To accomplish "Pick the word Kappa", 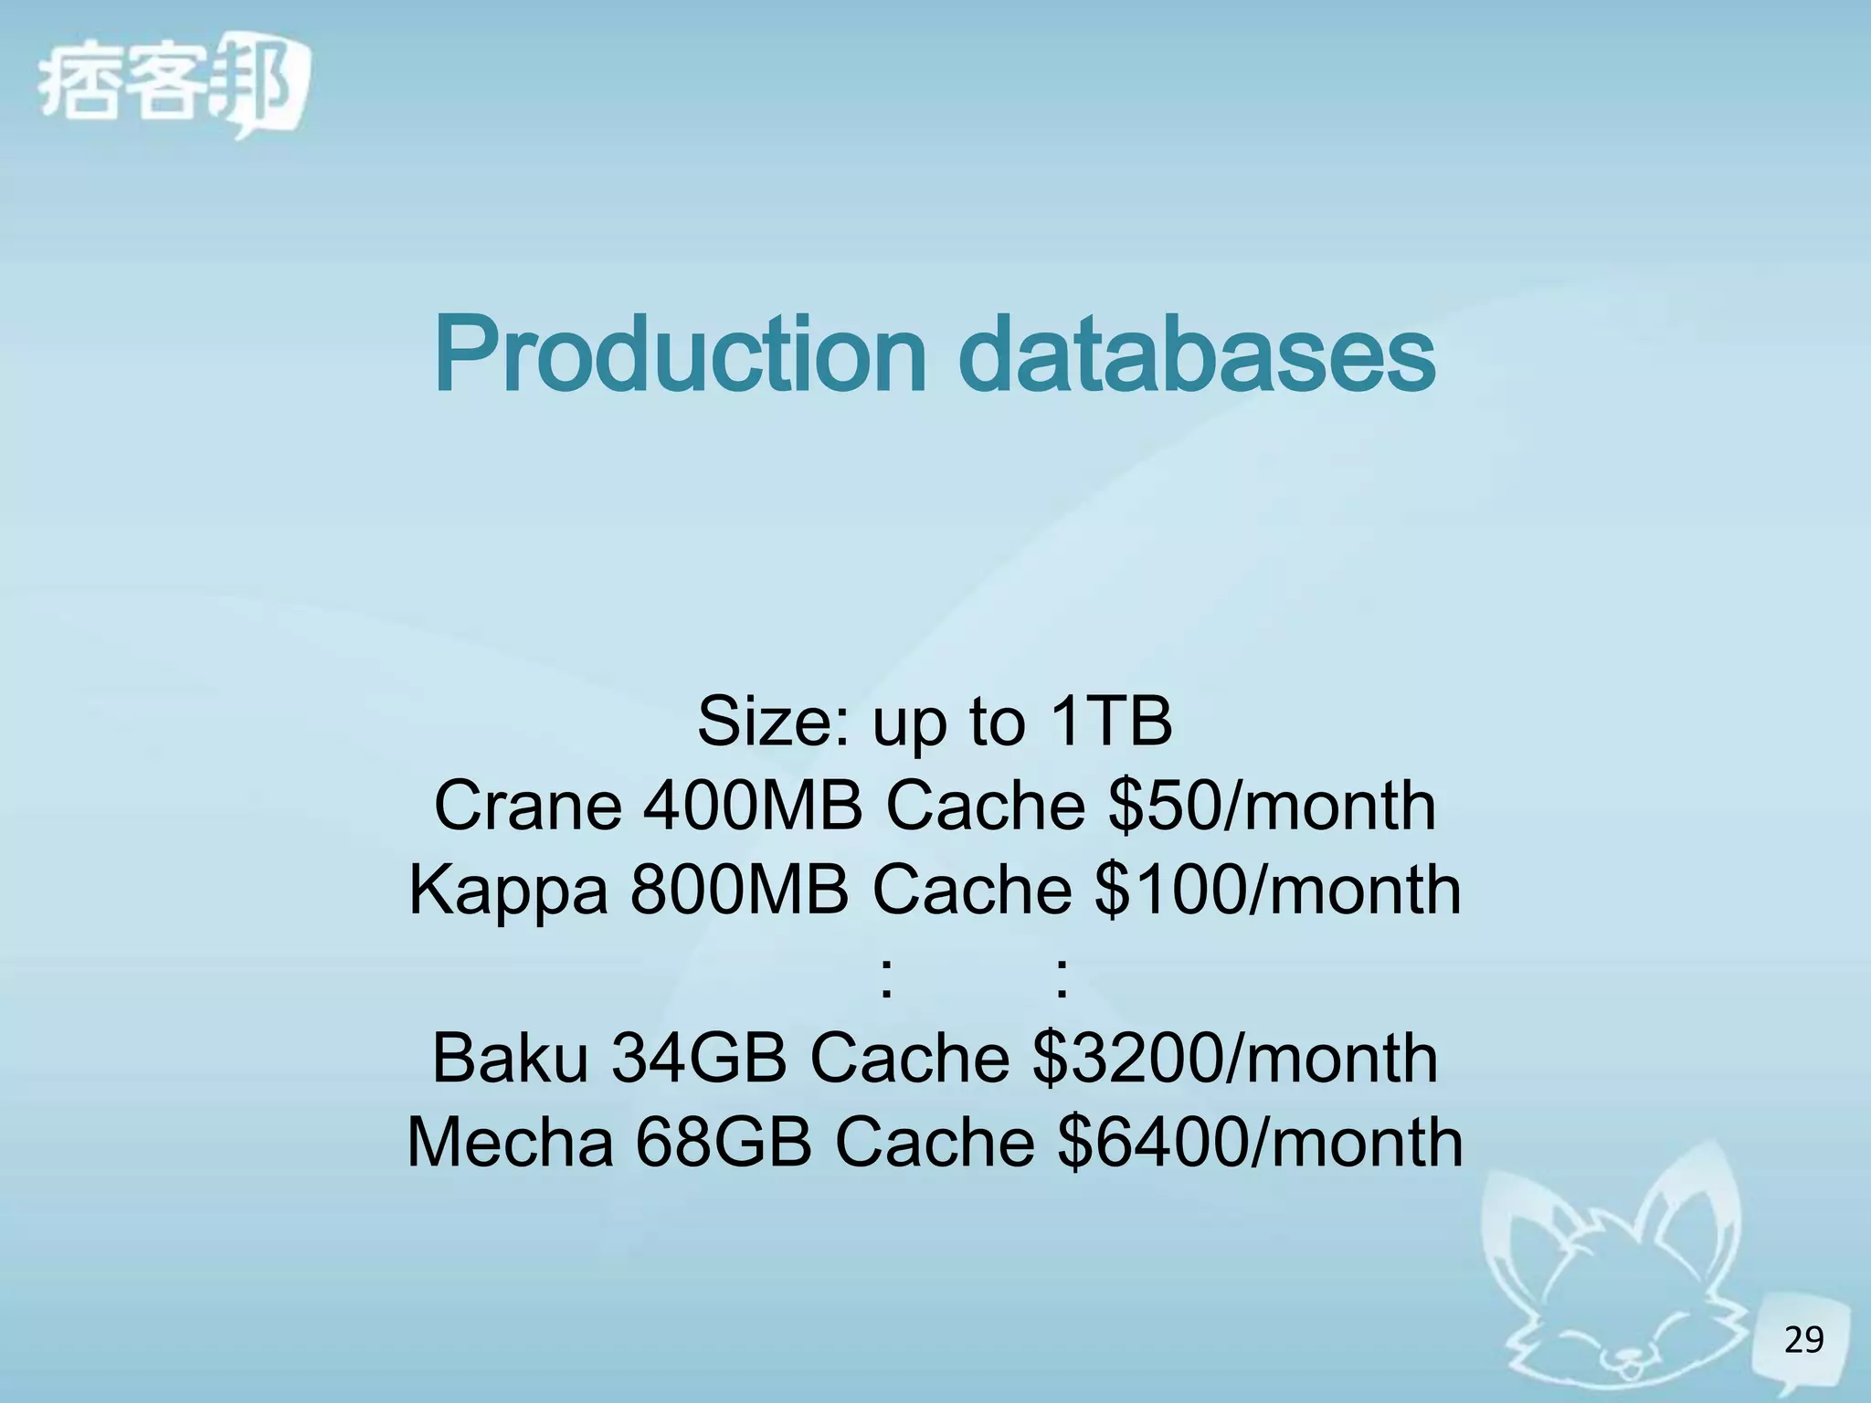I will click(507, 890).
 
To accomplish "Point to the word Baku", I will click(510, 1058).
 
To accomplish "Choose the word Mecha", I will click(510, 1142).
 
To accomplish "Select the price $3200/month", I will click(1235, 1058).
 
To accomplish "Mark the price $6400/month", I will click(1260, 1142).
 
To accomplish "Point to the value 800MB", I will click(738, 890).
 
